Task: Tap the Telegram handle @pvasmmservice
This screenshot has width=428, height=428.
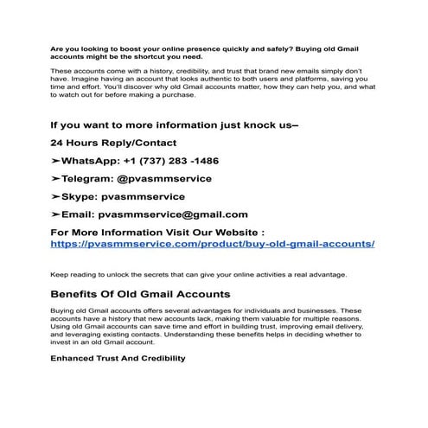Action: (x=165, y=178)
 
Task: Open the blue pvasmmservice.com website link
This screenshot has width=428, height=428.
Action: (x=213, y=244)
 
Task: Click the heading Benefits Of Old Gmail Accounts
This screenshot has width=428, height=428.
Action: (x=140, y=294)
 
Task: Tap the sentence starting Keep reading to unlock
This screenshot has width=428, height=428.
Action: (x=200, y=275)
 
